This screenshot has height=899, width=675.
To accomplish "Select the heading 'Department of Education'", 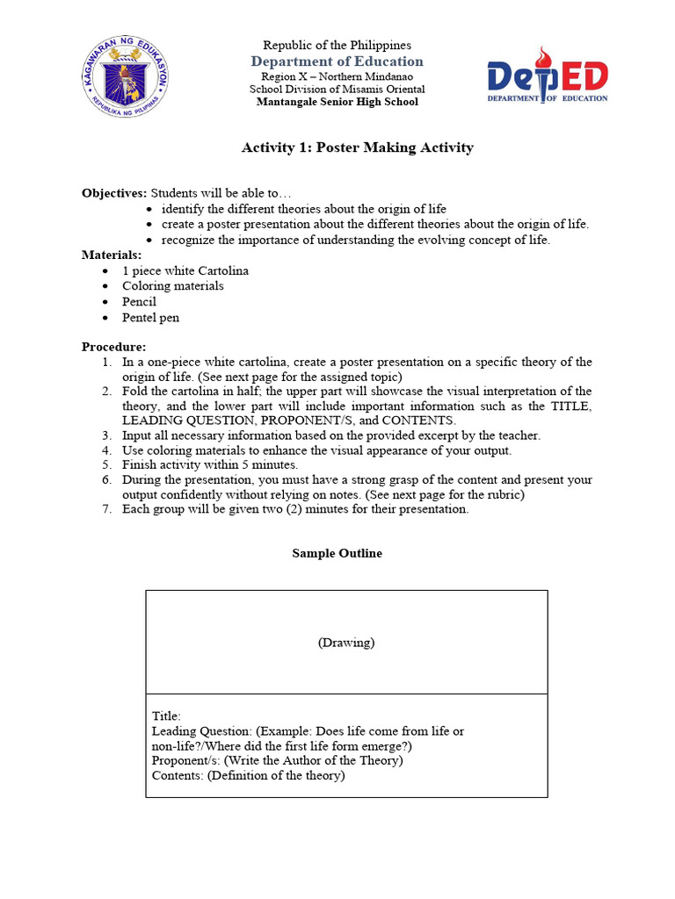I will tap(337, 61).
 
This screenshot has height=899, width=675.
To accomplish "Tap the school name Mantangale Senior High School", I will tap(337, 102).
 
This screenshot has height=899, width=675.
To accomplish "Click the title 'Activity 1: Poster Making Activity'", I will tap(357, 147).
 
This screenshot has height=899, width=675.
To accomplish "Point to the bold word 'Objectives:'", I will tap(114, 193).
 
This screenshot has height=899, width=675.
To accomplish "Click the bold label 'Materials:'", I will tap(112, 255).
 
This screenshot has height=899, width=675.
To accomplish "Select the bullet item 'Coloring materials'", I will tap(173, 286).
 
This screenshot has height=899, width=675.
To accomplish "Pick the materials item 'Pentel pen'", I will tap(150, 318).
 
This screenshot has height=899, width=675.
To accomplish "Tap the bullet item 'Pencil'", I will tap(139, 302).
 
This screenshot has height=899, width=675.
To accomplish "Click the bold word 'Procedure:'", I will tap(114, 347).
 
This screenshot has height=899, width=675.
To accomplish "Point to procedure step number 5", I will tap(106, 465).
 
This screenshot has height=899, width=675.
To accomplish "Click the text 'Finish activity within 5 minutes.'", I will tap(210, 465).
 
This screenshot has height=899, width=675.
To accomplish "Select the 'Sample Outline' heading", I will tap(337, 554).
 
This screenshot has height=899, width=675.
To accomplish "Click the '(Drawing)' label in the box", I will tap(346, 643).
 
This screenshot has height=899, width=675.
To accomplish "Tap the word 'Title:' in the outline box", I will tap(167, 716).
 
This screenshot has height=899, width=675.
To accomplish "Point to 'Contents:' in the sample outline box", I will tap(178, 776).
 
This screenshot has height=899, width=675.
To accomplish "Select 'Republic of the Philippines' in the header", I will tap(337, 46).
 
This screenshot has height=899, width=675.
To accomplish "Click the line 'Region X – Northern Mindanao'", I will tap(337, 77).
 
